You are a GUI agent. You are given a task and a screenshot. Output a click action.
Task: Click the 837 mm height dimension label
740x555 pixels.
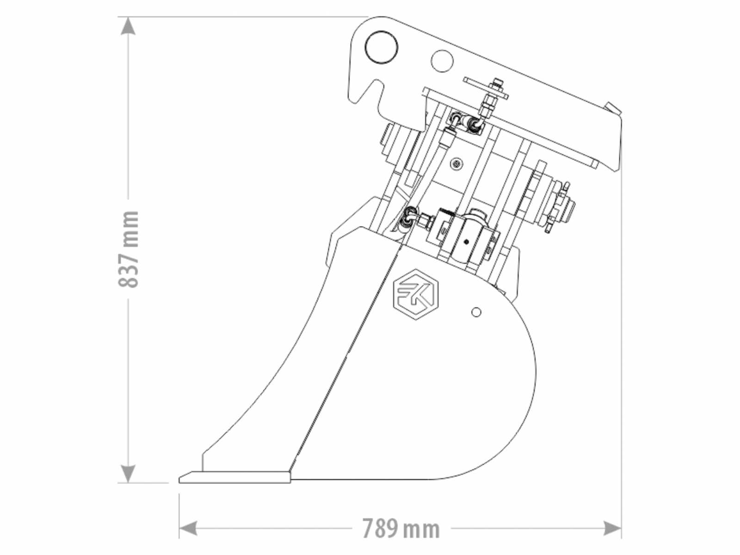click(129, 249)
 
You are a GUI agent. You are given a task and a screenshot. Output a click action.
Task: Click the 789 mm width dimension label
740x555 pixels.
click(401, 529)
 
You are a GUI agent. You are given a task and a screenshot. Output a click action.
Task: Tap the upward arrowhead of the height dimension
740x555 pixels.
click(128, 26)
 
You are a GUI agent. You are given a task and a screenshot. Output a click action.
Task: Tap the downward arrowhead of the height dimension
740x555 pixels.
click(128, 474)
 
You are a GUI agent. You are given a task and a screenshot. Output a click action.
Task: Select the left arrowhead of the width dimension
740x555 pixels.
click(188, 528)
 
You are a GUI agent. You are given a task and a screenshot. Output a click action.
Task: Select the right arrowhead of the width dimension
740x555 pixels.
click(612, 528)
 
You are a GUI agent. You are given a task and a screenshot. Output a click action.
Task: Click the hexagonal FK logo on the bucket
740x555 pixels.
click(416, 294)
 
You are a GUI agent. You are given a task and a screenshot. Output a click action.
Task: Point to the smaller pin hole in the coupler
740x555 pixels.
click(442, 61)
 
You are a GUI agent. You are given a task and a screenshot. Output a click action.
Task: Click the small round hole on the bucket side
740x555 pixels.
click(476, 312)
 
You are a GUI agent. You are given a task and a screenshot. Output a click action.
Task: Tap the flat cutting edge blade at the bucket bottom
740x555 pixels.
click(234, 477)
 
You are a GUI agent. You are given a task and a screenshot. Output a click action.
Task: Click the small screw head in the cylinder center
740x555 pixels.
click(457, 164)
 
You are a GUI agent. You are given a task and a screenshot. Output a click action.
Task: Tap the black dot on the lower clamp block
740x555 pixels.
click(467, 241)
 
